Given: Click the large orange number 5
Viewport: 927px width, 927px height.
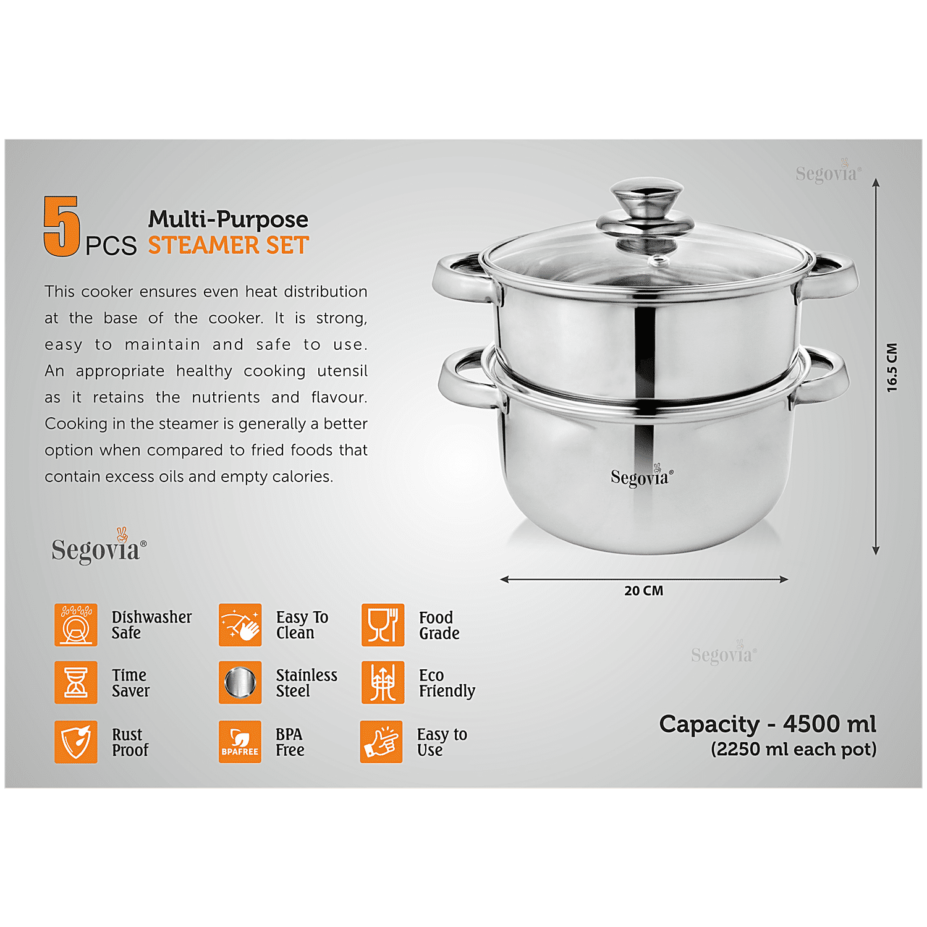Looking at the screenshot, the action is [62, 226].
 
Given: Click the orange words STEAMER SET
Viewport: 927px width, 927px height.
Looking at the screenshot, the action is [228, 245].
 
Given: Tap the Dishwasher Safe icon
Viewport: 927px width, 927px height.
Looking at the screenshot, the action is [76, 625].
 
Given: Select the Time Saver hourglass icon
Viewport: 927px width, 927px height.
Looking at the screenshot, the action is [76, 682].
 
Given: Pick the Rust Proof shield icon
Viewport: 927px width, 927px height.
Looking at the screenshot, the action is [76, 742].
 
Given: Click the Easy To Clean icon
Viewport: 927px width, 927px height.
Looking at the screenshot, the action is [240, 625].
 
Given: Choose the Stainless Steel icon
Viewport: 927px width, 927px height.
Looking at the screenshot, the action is [240, 682].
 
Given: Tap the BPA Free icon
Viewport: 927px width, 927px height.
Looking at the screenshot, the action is [240, 742].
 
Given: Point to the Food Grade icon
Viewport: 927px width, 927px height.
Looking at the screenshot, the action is [383, 625].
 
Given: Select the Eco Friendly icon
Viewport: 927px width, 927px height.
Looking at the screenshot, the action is [383, 682].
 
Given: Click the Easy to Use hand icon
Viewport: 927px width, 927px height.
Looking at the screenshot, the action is [381, 742].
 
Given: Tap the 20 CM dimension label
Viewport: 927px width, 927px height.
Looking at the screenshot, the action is [644, 591].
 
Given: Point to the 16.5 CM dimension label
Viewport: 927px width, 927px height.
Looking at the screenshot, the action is [892, 367].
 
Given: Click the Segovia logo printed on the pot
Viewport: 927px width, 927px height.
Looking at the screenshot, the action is [641, 476].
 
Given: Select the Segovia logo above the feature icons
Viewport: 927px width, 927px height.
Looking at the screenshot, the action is [99, 546].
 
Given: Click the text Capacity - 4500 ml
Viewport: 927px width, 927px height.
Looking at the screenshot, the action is [768, 724].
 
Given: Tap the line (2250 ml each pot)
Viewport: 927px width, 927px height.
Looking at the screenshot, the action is [794, 749].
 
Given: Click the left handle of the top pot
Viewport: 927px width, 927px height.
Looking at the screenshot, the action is [463, 277].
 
